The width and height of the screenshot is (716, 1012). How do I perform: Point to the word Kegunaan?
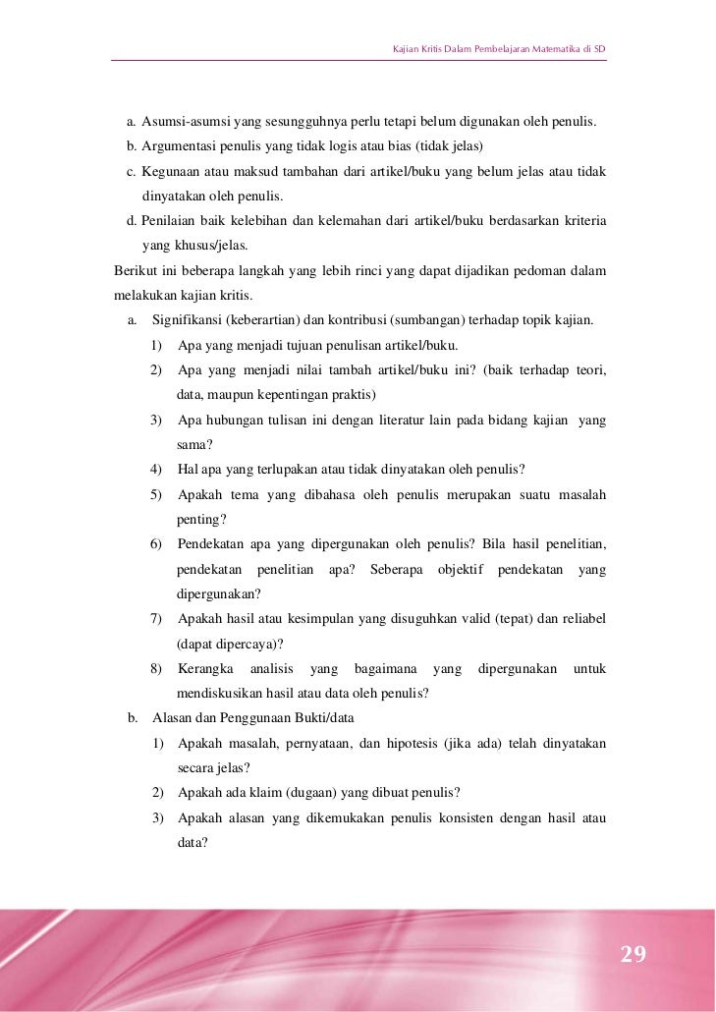[x=168, y=171]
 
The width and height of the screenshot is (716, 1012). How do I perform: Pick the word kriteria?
[x=580, y=221]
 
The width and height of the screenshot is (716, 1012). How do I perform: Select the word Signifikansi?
[x=191, y=321]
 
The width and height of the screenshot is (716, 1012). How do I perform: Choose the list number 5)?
[x=156, y=495]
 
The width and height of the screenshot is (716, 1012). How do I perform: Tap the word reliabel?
[x=582, y=619]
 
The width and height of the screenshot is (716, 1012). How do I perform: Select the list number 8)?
[x=156, y=669]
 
